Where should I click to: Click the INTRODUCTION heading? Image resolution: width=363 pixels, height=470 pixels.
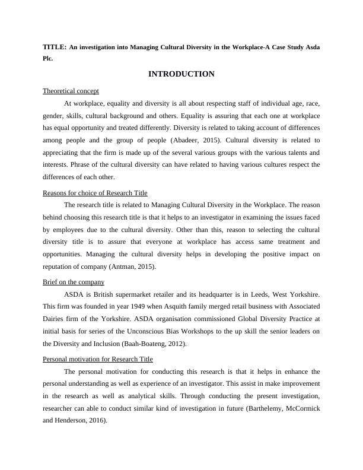(181, 74)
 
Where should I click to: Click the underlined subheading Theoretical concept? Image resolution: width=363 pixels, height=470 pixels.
(71, 91)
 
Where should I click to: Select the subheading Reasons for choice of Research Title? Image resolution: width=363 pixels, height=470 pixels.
(95, 193)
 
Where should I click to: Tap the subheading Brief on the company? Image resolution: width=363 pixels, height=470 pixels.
(74, 282)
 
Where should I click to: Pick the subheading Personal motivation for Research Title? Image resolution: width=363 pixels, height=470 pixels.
(98, 359)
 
